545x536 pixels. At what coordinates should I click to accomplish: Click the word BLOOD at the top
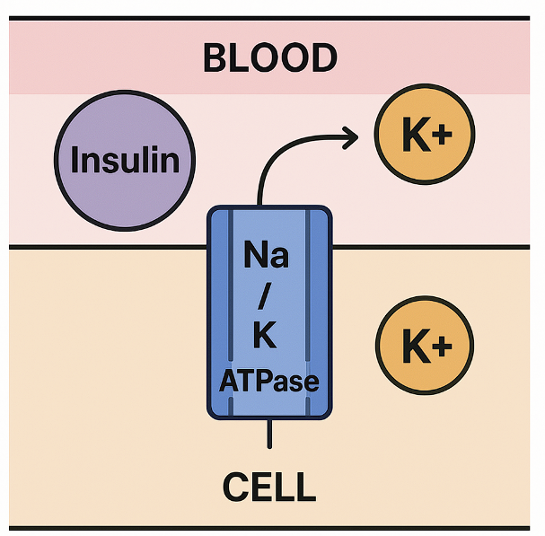(x=270, y=58)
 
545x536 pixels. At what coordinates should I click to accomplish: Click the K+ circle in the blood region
(x=425, y=136)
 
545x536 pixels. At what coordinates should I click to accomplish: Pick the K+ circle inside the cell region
(x=425, y=346)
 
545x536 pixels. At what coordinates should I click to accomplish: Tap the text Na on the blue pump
(x=267, y=257)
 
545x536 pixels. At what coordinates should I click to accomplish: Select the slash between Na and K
(x=267, y=296)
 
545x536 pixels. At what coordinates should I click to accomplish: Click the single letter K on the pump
(x=266, y=337)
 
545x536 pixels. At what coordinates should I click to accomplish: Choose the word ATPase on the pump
(x=269, y=381)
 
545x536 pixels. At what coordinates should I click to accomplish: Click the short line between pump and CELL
(x=269, y=434)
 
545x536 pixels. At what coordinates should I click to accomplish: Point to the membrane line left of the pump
(x=108, y=247)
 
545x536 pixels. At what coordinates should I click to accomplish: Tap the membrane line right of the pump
(x=431, y=247)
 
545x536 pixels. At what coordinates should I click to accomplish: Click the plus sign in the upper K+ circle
(x=444, y=137)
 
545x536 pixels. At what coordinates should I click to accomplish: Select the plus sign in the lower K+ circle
(x=444, y=347)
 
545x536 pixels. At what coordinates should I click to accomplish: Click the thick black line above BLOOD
(x=269, y=18)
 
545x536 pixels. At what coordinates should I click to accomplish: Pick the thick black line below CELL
(x=269, y=528)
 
